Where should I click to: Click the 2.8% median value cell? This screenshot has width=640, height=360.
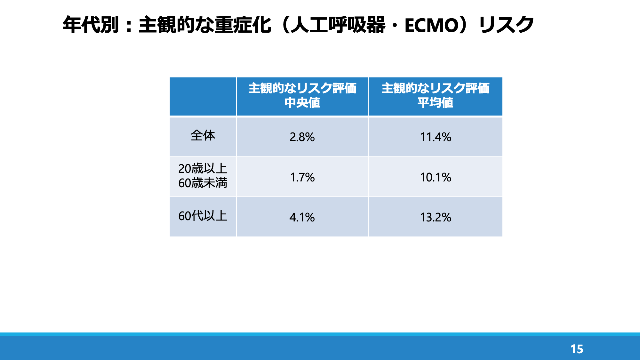coord(302,137)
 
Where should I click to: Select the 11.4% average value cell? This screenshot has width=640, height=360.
coord(436,137)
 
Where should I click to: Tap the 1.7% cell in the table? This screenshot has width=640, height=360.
coord(302,177)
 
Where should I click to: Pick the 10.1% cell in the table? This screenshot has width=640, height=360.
coord(436,177)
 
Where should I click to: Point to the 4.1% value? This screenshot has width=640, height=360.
coord(302,217)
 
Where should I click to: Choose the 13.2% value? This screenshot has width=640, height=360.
coord(436,217)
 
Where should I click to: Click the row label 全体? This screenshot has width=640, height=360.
coord(203,135)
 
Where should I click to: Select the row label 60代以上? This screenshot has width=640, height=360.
coord(203,216)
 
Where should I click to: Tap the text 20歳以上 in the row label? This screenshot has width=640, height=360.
coord(203,169)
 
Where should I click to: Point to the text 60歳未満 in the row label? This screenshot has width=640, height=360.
coord(203,183)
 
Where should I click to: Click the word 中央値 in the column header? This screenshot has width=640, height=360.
coord(302,103)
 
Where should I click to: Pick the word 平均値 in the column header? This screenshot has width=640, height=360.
coord(436,103)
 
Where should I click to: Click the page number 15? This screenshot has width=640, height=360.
coord(577,349)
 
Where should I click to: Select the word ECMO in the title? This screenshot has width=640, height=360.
coord(432,25)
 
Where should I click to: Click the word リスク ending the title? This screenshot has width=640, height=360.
coord(507,25)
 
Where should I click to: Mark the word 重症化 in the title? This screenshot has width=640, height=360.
coord(243,25)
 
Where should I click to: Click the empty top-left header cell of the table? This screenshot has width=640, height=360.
coord(203,96)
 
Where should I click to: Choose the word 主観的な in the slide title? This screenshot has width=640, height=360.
coord(176,25)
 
